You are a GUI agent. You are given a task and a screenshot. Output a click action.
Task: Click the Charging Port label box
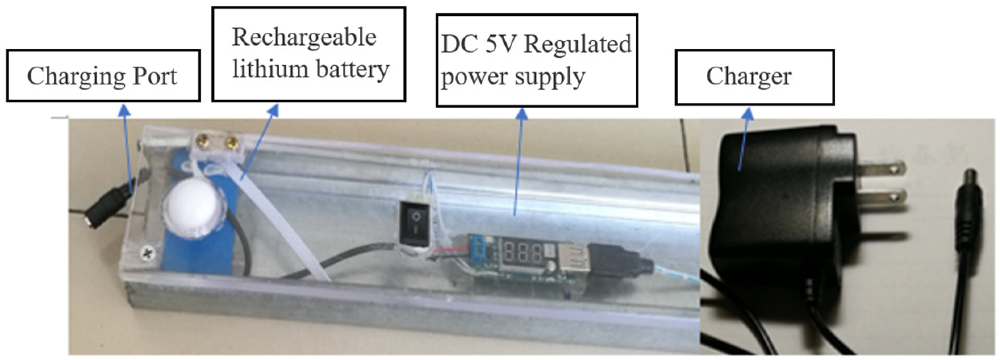(x=103, y=75)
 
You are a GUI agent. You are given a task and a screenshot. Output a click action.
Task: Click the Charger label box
(x=754, y=77)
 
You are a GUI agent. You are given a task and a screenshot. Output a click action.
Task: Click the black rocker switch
(x=416, y=223)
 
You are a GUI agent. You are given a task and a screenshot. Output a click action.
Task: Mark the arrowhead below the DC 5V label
(x=522, y=114)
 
